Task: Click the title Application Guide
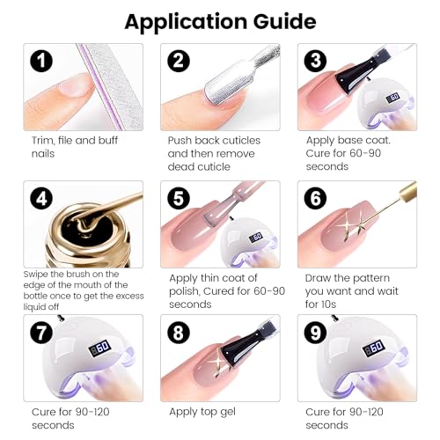tap(220, 20)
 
